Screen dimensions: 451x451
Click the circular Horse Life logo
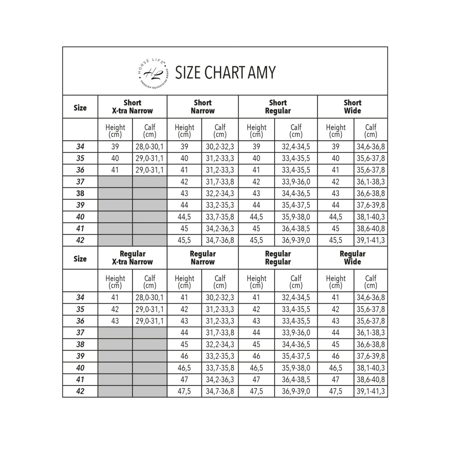coord(153,73)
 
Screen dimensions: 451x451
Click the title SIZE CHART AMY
coord(225,73)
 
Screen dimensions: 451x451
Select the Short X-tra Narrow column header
coord(132,107)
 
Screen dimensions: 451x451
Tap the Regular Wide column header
coord(352,258)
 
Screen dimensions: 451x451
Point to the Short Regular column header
coord(278,107)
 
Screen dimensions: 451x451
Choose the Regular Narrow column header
coord(203,258)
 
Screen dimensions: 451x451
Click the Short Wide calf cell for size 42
coord(371,240)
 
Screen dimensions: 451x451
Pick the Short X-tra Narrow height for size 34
coord(115,147)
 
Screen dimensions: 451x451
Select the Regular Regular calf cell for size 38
coord(296,344)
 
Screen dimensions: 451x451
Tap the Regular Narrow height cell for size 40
coord(184,368)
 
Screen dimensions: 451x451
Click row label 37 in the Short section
coord(80,182)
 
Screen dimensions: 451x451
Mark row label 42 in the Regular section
coord(80,391)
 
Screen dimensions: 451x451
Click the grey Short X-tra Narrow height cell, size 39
coord(115,205)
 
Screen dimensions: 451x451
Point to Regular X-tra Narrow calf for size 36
coord(150,321)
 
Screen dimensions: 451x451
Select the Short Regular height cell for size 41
coord(257,229)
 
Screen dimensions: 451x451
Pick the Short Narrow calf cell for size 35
coord(220,158)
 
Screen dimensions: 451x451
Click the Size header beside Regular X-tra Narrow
coord(80,259)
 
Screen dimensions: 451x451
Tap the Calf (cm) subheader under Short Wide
coord(371,130)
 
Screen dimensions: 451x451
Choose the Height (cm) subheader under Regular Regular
coord(257,282)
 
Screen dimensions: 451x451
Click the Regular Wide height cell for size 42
coord(335,391)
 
